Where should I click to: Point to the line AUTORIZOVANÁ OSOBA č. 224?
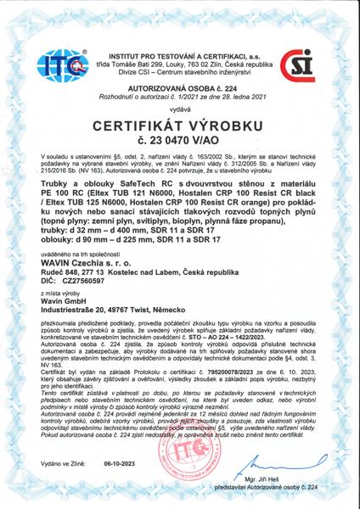pos(178,87)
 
